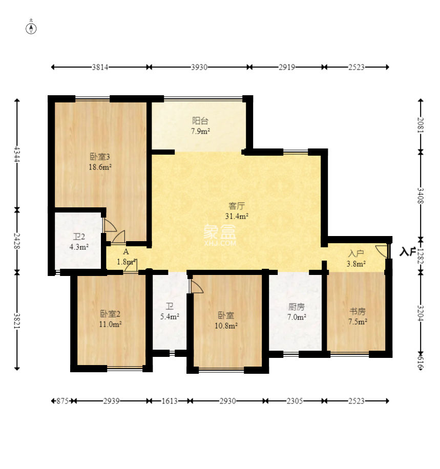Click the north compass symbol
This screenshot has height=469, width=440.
[31, 28]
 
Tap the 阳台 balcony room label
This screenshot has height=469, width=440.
[200, 121]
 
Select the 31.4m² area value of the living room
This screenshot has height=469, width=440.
[237, 216]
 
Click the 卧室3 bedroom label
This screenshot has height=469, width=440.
[100, 157]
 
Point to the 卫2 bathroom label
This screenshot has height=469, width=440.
[79, 237]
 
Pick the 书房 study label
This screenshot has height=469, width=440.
[358, 311]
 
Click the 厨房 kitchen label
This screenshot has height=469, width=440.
[297, 307]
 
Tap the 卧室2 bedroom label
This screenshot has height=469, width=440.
[110, 314]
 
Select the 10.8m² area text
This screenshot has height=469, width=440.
[226, 326]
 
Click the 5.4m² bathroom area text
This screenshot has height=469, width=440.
[170, 316]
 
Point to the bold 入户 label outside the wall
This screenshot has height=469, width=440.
[408, 252]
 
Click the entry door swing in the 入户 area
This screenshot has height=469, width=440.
[381, 251]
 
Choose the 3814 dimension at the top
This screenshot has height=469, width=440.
[100, 67]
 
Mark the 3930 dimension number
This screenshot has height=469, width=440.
[199, 67]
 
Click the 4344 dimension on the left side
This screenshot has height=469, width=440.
[17, 154]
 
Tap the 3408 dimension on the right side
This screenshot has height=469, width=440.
[421, 196]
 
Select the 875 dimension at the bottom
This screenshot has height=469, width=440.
[62, 401]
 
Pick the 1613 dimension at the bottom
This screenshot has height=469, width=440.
[170, 401]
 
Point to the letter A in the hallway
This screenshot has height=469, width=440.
[125, 251]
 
